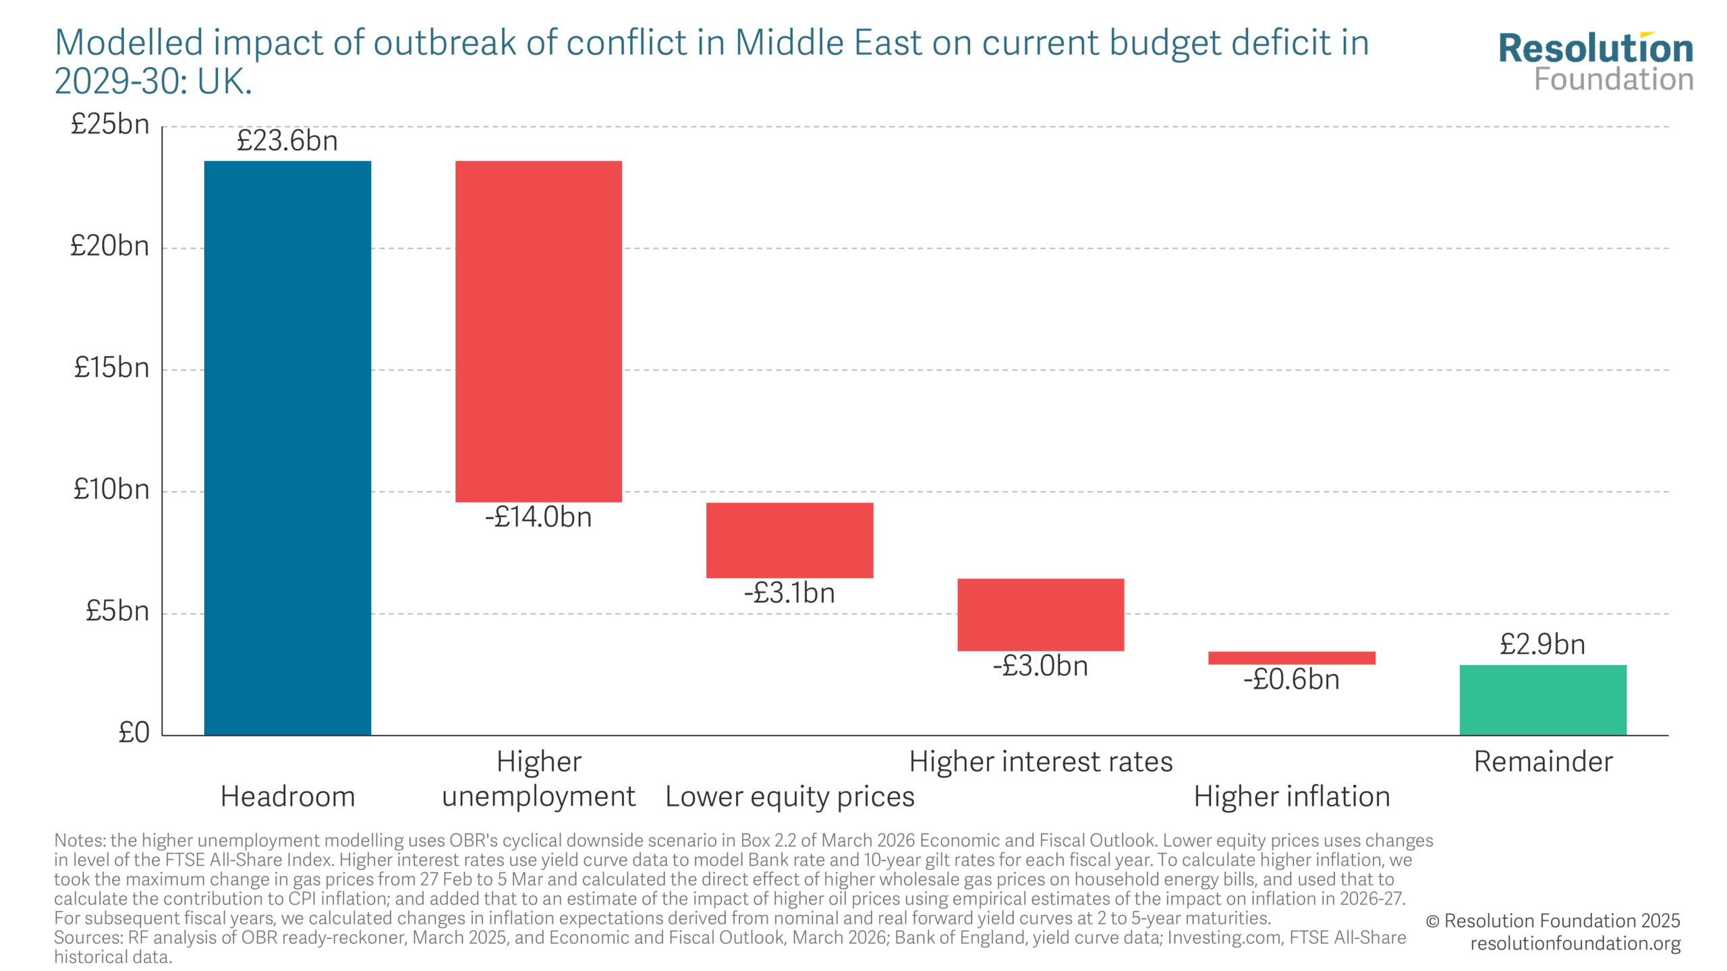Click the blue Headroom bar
pos(287,448)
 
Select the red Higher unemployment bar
pos(538,331)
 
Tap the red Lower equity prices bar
pos(789,540)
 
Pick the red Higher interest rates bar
pos(1040,614)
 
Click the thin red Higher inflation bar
pos(1291,657)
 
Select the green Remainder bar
pos(1543,700)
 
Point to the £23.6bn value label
pos(287,141)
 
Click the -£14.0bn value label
pos(538,517)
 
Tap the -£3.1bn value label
pos(789,593)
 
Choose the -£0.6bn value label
pos(1291,680)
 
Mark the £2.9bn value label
pos(1543,645)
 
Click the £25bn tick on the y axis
pos(110,125)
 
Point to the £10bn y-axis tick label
pos(111,490)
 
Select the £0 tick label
pos(134,733)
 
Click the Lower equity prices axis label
pos(789,797)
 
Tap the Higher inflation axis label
pos(1291,797)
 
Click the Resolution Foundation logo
pos(1595,62)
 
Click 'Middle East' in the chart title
pos(829,43)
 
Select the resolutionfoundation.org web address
pos(1575,943)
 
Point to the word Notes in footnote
pos(79,841)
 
